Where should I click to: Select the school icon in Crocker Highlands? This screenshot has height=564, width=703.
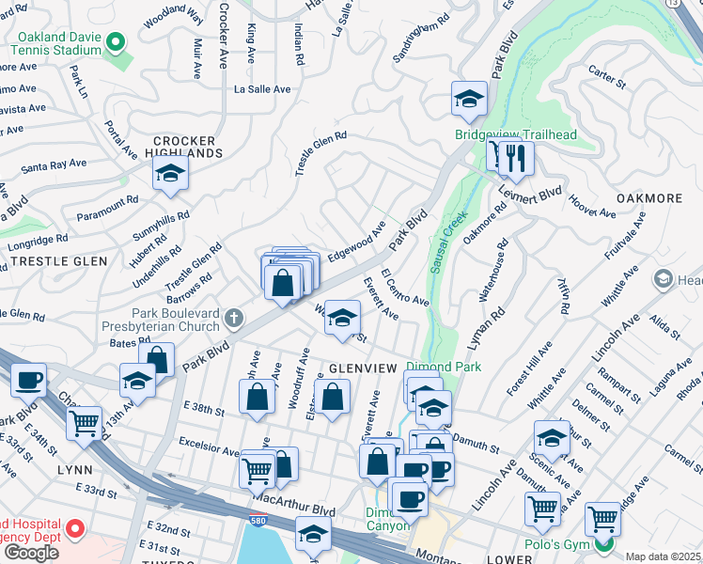click(170, 173)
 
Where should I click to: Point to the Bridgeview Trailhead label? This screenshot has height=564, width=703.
click(515, 134)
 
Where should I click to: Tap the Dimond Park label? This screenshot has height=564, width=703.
click(443, 367)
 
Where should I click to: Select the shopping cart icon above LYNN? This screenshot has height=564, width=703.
click(85, 423)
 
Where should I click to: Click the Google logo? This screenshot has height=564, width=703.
click(31, 553)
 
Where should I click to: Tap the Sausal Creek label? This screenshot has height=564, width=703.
click(448, 242)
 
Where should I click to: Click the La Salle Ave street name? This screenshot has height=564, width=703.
click(262, 89)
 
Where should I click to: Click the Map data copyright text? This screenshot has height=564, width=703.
click(663, 556)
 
